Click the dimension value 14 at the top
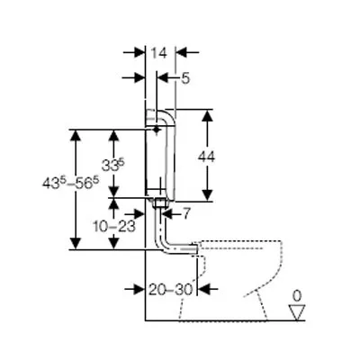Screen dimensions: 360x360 point(158,53)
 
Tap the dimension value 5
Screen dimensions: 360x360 point(185,78)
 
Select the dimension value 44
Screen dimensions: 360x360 point(206,157)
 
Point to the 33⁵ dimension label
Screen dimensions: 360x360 point(112,165)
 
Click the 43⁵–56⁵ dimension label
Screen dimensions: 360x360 point(70,183)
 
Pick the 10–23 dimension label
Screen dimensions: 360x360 point(114,227)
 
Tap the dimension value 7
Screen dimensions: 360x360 point(186,213)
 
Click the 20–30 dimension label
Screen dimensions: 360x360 point(170,290)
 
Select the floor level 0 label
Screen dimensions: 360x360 point(297,296)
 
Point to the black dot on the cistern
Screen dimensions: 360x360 point(156,130)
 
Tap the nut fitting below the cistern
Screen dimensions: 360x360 point(160,203)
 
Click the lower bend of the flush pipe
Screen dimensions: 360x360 point(164,246)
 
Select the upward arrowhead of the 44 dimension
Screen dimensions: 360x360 point(207,115)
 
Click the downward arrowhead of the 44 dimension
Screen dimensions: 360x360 point(207,195)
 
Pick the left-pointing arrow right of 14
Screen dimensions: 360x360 point(187,52)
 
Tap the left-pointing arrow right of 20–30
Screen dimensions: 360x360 point(208,289)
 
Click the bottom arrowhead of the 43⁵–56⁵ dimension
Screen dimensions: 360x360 point(76,243)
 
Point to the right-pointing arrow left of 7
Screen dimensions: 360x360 point(134,214)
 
